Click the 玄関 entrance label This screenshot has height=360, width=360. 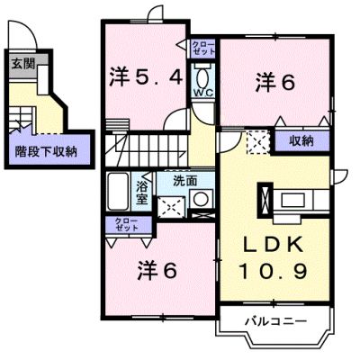[x=23, y=64]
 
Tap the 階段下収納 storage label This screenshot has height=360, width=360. [x=46, y=151]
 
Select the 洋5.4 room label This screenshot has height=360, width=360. [x=146, y=78]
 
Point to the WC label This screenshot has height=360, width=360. [x=202, y=93]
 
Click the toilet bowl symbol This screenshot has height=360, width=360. [x=202, y=77]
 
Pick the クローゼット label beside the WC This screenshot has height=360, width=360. [x=203, y=48]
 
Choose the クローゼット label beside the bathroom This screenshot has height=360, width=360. [x=127, y=224]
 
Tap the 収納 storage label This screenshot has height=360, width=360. [x=301, y=140]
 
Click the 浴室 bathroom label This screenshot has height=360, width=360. [x=142, y=193]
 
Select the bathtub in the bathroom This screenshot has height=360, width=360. [x=118, y=192]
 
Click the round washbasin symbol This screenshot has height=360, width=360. [x=201, y=199]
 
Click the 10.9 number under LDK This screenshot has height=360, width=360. [x=274, y=271]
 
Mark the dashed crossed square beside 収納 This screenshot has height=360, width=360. [x=258, y=142]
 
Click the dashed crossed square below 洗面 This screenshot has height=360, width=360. [x=171, y=207]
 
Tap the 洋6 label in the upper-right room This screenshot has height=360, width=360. [x=275, y=83]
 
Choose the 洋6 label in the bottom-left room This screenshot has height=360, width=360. [x=157, y=270]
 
